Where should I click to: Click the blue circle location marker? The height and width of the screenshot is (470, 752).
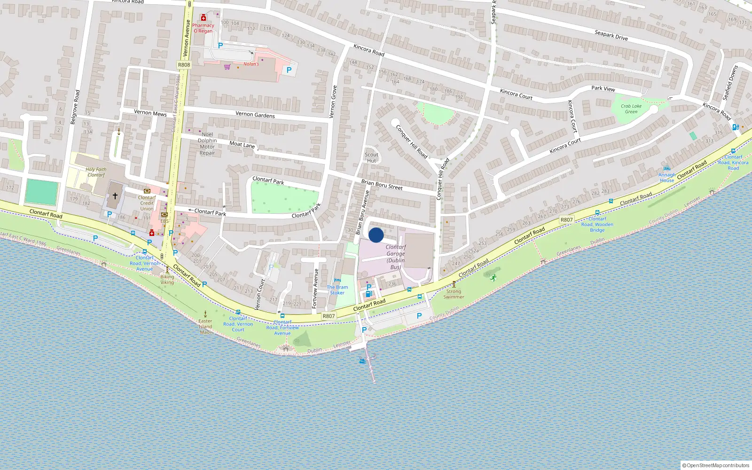point(376,235)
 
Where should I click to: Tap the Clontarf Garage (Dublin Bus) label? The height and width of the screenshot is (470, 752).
point(396,257)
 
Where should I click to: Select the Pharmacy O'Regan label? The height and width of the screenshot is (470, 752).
point(203,28)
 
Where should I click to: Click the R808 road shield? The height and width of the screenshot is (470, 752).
point(184,65)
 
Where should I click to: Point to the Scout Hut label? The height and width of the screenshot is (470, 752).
point(371,157)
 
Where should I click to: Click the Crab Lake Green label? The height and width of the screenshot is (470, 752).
point(631,109)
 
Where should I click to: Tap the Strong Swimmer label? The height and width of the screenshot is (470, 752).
point(454,294)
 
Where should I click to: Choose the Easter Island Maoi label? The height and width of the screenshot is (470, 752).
point(205,326)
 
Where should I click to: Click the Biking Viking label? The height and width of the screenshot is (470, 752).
point(167,280)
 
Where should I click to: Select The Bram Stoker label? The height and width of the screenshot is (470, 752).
point(337,290)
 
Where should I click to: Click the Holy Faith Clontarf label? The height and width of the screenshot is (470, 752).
point(96,172)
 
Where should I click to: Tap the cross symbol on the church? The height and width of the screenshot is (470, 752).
point(115,196)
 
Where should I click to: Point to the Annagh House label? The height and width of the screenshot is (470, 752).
point(667,177)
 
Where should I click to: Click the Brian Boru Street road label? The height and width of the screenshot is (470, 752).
point(382,184)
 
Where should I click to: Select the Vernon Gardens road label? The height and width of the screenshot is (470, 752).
point(255,114)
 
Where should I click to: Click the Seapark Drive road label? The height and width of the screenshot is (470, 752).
point(611,35)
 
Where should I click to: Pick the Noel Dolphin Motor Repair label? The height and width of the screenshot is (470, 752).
point(207,143)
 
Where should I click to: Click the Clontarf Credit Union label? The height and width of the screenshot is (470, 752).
point(147,203)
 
